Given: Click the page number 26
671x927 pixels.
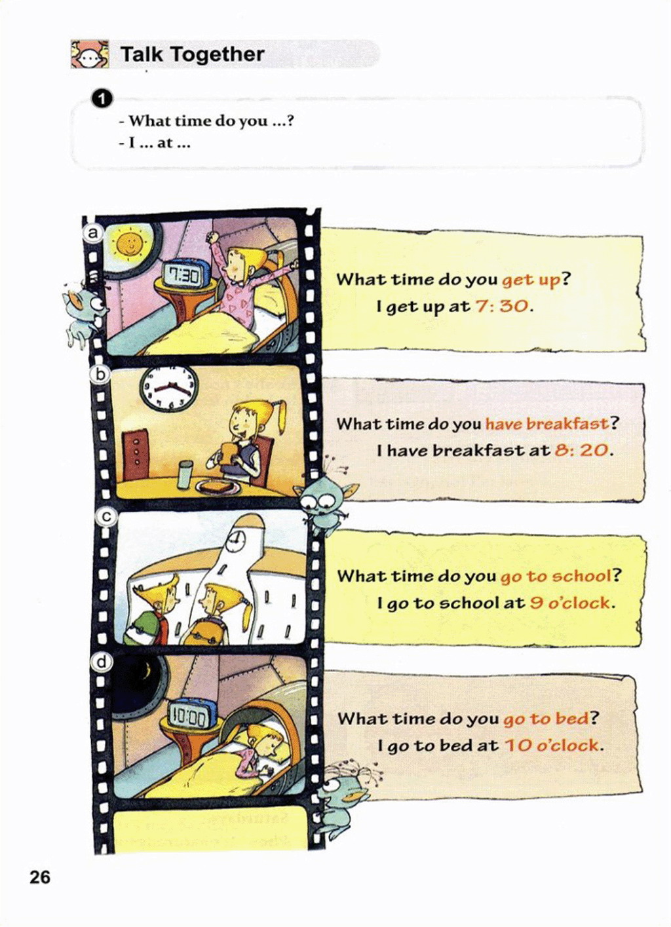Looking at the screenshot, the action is (x=40, y=888).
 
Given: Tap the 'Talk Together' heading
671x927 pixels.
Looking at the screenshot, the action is (x=192, y=54).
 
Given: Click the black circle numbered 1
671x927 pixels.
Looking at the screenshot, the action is (x=102, y=99).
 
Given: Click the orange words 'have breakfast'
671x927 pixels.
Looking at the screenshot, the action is (x=546, y=424).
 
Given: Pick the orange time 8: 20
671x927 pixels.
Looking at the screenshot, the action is (x=581, y=450).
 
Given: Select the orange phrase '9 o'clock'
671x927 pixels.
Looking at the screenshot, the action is (x=569, y=603).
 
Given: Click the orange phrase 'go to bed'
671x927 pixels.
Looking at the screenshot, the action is (x=546, y=719).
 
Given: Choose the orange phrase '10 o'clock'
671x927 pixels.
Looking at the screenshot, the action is (x=551, y=746).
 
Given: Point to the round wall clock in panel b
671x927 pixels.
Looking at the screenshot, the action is (x=168, y=388).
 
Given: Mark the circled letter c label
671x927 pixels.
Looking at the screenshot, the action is (x=105, y=518).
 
